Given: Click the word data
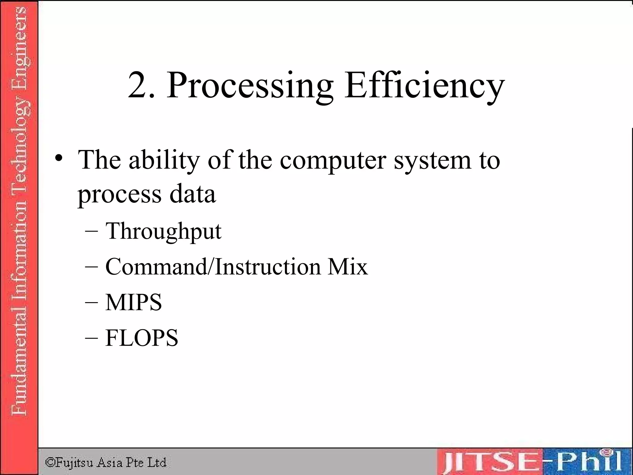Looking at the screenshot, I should pyautogui.click(x=192, y=194).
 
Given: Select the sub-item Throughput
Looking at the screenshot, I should pyautogui.click(x=163, y=231).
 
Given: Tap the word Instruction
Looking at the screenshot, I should pyautogui.click(x=268, y=267).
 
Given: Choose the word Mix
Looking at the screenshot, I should pyautogui.click(x=348, y=267).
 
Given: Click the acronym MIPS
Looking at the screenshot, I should pyautogui.click(x=134, y=302).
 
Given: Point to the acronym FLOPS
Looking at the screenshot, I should pyautogui.click(x=142, y=338).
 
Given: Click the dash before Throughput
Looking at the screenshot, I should pyautogui.click(x=91, y=232).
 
